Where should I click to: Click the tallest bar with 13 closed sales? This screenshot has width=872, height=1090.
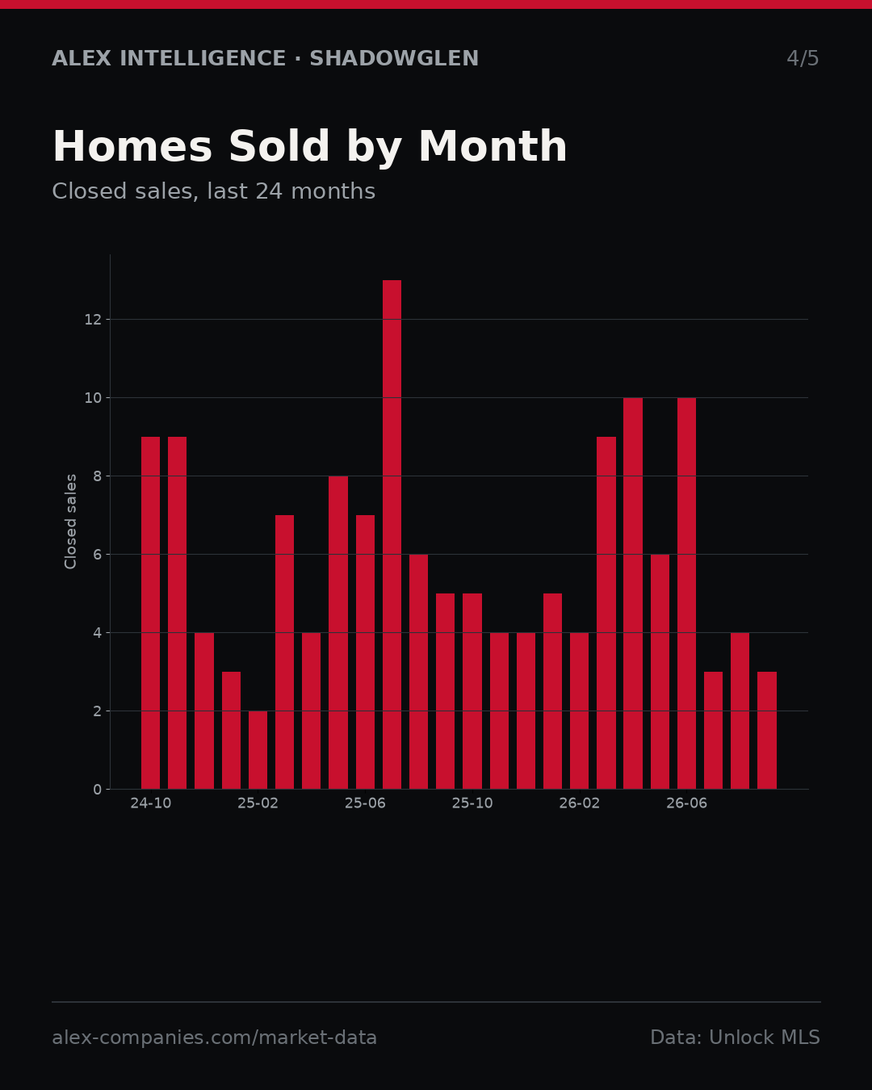click(392, 535)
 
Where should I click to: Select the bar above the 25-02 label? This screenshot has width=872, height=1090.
click(258, 750)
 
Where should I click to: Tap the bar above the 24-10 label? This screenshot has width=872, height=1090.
click(150, 613)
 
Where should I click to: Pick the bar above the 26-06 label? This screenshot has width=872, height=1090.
click(686, 593)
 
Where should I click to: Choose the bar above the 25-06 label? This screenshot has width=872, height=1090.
click(365, 652)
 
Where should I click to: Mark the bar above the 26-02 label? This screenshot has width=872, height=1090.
click(579, 711)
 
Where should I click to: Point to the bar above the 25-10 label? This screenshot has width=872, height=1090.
click(472, 691)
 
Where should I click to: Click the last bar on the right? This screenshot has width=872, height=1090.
click(766, 731)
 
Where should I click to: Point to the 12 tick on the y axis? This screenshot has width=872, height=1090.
click(93, 320)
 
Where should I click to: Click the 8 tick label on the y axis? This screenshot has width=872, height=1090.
click(97, 476)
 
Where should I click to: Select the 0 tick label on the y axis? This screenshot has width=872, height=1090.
click(97, 790)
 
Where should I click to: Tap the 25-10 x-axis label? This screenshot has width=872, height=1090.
click(472, 803)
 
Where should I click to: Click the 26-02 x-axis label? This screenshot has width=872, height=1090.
click(579, 803)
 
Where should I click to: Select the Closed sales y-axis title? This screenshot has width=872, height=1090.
click(70, 522)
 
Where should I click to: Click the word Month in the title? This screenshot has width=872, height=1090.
click(493, 146)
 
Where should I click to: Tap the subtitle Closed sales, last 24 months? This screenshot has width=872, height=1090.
click(214, 191)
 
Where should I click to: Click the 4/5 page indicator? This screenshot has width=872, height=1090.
click(803, 59)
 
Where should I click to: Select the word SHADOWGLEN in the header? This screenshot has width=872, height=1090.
click(394, 59)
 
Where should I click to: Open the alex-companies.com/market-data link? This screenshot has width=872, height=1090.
click(214, 1038)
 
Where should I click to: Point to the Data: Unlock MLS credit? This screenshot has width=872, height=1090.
click(735, 1038)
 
